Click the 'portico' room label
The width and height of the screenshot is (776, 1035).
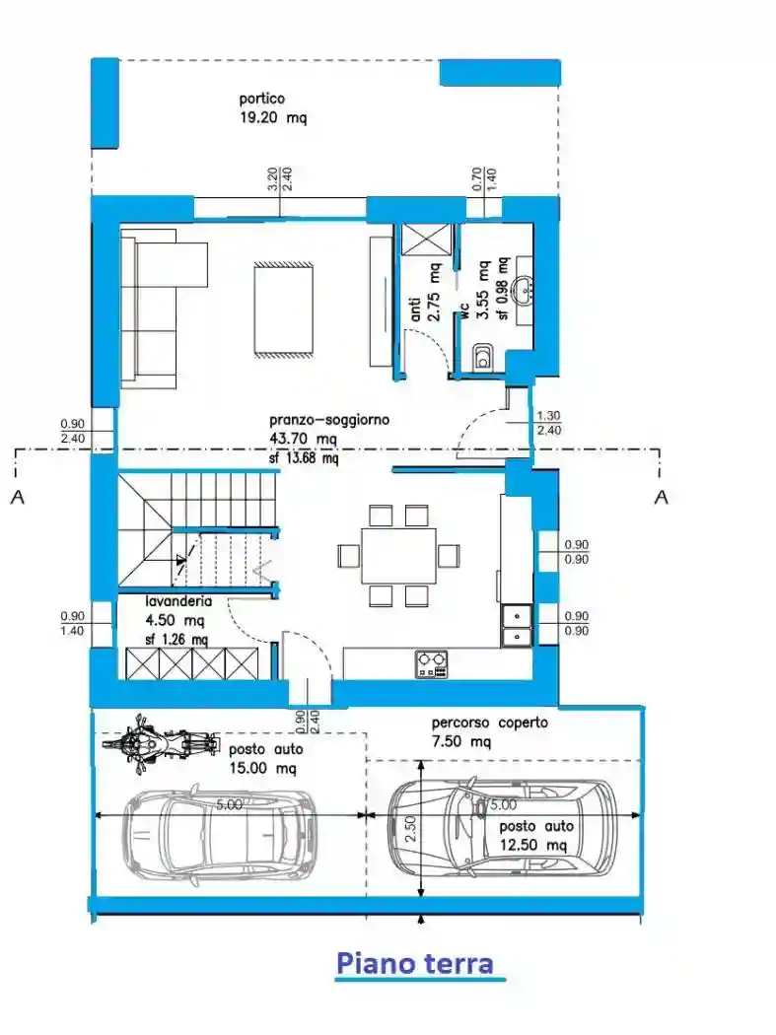tap(261, 99)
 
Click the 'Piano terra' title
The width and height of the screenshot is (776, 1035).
tap(414, 962)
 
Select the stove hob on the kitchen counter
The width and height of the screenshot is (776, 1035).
tap(431, 663)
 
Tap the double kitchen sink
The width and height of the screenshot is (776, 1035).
tap(515, 627)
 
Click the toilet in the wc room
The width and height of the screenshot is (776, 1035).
tap(483, 358)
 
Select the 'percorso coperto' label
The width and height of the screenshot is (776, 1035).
tap(489, 723)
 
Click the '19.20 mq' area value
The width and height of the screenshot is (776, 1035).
tap(273, 118)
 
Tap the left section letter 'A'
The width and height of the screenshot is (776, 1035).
tap(17, 497)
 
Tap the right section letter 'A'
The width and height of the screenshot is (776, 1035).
tap(661, 497)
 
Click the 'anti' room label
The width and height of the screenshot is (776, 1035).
tap(415, 310)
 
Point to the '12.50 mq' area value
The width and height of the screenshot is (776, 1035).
tap(532, 846)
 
